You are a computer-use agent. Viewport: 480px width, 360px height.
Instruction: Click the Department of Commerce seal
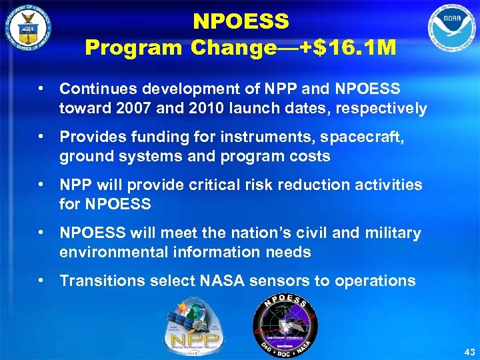tap(27, 29)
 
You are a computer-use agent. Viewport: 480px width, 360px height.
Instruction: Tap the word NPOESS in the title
tap(241, 22)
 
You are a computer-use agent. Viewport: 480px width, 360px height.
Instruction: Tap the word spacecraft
tap(373, 137)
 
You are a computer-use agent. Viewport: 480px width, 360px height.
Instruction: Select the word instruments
tap(275, 137)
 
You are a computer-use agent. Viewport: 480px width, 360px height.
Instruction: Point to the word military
tap(393, 233)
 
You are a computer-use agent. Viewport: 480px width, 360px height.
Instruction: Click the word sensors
tap(279, 281)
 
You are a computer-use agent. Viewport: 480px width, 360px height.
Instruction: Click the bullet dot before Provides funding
tap(41, 137)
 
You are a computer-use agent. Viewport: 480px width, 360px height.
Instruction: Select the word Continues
tap(91, 89)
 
